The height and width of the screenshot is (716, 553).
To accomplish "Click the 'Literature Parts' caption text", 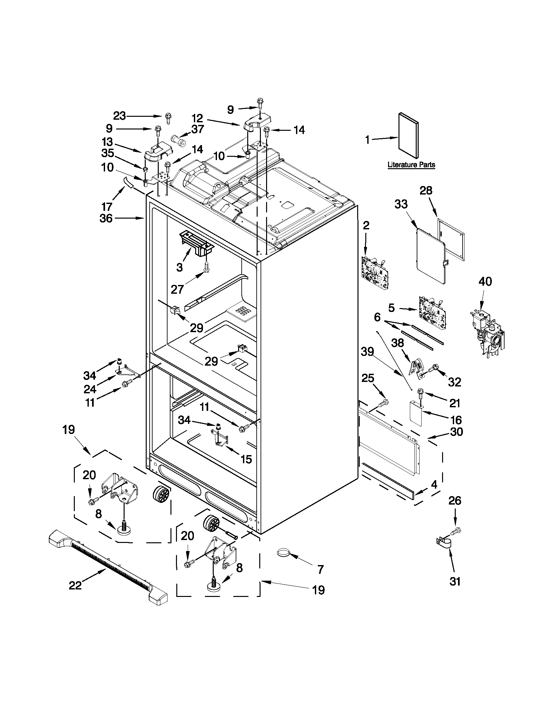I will point(411,165).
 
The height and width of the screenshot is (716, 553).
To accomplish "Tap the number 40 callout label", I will point(485,281).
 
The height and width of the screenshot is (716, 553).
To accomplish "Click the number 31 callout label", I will point(455,581).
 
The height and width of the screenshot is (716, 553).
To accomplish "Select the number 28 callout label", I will point(426,191).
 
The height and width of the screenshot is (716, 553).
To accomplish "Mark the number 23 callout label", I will point(119,116).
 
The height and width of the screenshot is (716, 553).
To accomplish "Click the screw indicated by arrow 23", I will point(169,117).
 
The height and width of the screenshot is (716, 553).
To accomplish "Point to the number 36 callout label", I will point(106,218).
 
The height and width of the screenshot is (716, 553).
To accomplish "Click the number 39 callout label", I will point(367,352).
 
